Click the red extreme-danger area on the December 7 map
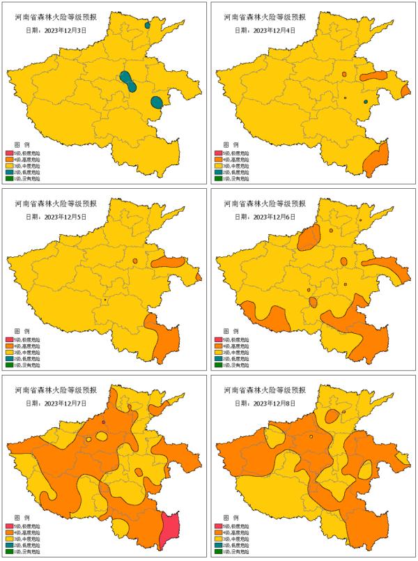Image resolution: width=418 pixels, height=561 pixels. [x=169, y=530]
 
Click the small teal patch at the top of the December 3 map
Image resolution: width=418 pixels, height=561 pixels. [x=148, y=25]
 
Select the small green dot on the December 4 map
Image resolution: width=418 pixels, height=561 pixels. [x=365, y=102]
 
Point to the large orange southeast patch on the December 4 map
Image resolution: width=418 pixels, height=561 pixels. [x=376, y=158]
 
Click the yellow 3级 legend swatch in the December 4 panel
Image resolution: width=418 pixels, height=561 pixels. [x=218, y=167]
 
